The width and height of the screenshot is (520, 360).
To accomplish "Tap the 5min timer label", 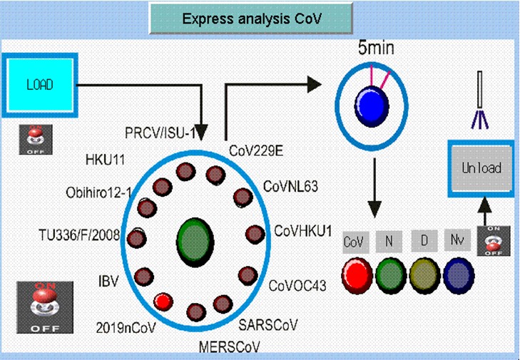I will [x=375, y=49].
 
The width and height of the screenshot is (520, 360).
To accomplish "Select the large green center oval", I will [x=193, y=240].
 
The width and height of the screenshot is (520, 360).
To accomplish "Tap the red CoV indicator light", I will [x=355, y=271].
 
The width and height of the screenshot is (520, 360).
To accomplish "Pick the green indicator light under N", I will [x=389, y=272].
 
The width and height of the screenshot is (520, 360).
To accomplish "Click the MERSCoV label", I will [x=230, y=347].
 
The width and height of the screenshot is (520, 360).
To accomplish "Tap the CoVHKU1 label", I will [x=303, y=232].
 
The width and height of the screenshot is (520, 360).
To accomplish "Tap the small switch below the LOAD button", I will [x=31, y=140].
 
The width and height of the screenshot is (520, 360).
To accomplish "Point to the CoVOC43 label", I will [x=297, y=286].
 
